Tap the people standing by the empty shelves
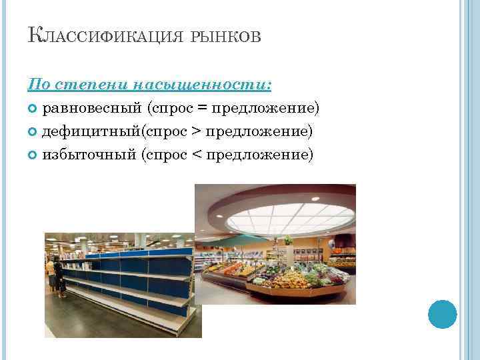point(55,277)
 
